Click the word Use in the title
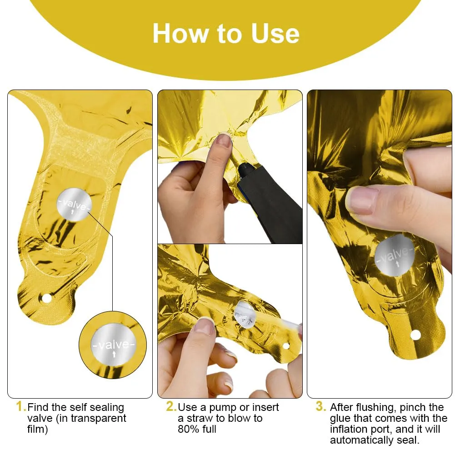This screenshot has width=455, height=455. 275,34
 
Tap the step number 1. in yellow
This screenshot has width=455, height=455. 21,406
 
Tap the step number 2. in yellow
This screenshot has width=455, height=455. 171,406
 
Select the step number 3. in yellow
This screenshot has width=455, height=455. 321,406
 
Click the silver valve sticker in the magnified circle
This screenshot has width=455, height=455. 114,345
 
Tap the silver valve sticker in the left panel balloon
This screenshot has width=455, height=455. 74,204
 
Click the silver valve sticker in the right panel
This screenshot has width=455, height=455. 395,255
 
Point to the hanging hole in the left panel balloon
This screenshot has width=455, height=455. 46,298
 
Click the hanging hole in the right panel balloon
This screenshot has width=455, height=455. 415,335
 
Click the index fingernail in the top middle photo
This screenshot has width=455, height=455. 224,140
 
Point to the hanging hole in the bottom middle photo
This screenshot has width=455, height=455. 286,346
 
